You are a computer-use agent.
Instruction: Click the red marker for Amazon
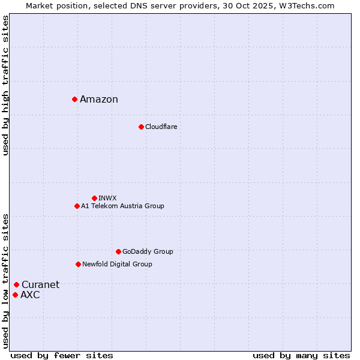[74, 99]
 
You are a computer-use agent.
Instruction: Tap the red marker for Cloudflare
[141, 127]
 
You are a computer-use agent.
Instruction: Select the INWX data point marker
[94, 198]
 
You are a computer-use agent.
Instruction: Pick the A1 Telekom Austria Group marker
[77, 206]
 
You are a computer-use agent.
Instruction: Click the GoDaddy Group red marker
[118, 251]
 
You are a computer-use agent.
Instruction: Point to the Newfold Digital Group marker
[78, 264]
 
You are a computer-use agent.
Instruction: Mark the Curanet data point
[16, 284]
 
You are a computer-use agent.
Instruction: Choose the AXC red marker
[15, 295]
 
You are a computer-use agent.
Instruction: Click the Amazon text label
[99, 100]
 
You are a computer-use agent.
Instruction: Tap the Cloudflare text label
[161, 127]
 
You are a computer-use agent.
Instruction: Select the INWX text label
[107, 199]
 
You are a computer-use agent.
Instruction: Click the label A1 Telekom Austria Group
[122, 206]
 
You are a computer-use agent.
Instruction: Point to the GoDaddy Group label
[148, 252]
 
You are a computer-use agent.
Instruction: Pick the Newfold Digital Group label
[117, 265]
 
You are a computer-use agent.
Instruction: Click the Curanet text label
[40, 285]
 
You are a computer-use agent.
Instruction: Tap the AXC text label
[30, 295]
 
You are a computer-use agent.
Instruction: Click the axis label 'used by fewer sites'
[62, 355]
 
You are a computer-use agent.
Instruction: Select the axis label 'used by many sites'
[301, 355]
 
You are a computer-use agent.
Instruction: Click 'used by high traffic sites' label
[5, 85]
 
